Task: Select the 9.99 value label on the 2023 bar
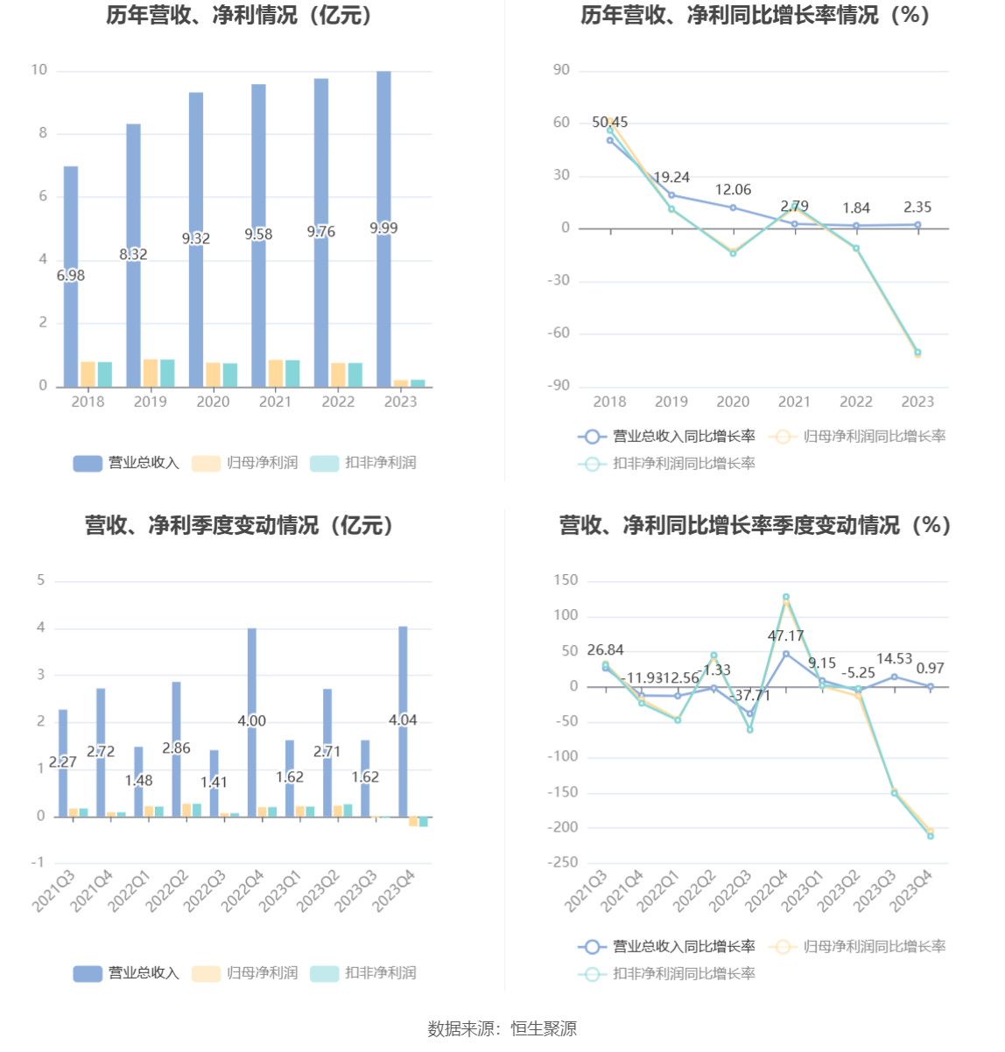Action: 383,228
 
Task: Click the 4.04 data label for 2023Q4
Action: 403,720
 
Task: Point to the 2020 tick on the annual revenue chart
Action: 213,402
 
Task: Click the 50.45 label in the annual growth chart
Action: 609,123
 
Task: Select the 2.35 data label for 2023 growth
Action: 917,207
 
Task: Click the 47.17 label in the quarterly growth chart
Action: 785,636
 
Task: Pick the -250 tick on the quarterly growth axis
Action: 564,863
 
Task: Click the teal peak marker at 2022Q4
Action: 785,597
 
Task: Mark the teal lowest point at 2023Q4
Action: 930,836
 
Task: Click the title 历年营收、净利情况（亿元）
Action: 240,15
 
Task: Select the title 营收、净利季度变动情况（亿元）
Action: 240,525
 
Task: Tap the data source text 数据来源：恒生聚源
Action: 502,1029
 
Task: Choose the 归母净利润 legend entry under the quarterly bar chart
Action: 246,973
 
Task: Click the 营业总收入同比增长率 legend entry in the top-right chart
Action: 666,437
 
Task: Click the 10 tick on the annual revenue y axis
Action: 39,70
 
